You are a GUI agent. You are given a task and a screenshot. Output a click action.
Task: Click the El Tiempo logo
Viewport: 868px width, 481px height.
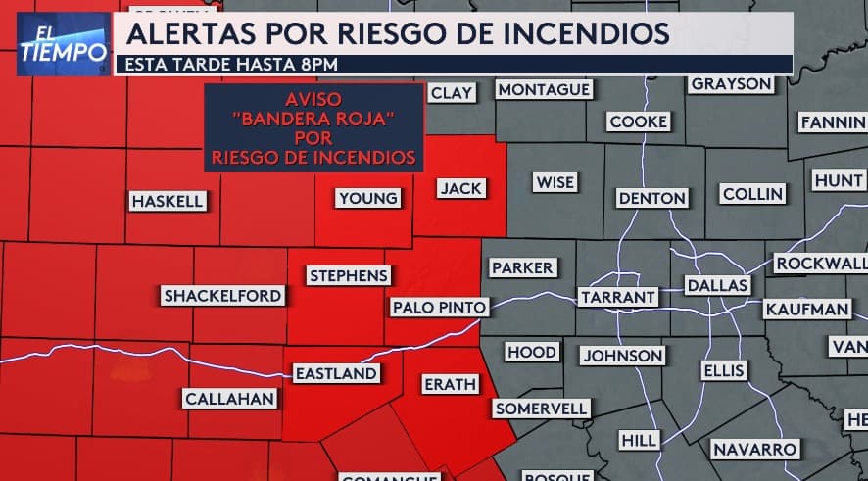click(x=63, y=43)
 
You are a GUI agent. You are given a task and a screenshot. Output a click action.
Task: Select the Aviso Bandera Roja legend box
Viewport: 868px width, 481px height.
click(x=313, y=128)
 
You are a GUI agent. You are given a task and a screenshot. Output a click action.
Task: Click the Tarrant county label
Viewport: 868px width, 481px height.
click(x=617, y=297)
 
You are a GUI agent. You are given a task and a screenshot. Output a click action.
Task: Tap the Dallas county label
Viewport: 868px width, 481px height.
click(x=718, y=285)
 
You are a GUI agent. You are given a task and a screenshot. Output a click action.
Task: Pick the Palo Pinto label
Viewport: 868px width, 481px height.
click(x=439, y=307)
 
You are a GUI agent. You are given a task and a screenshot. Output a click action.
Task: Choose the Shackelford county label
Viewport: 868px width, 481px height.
click(x=223, y=295)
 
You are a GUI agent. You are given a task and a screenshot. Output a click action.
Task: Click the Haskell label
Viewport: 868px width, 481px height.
click(x=169, y=201)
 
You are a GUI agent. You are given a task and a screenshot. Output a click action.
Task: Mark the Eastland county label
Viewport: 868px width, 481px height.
click(x=336, y=373)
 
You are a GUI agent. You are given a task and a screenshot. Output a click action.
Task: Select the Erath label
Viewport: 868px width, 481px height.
click(x=451, y=384)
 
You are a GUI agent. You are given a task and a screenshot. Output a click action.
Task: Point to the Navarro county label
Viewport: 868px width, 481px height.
click(x=754, y=449)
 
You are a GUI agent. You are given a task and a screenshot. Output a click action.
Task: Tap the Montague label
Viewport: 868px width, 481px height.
click(x=545, y=90)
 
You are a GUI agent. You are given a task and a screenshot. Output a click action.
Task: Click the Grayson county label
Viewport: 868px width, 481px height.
click(x=731, y=84)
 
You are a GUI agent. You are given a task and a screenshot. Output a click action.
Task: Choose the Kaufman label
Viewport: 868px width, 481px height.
click(x=807, y=309)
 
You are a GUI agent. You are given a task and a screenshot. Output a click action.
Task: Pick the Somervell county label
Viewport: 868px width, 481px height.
click(x=541, y=408)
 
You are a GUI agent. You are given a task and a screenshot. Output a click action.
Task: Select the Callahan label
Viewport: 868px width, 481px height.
click(x=230, y=399)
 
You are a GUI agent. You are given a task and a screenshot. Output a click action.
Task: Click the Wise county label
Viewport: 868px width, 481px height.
click(x=555, y=182)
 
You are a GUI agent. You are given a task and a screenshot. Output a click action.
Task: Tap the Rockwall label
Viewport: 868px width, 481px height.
click(x=821, y=263)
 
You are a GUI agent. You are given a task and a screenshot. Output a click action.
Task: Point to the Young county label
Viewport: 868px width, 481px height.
click(x=368, y=198)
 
